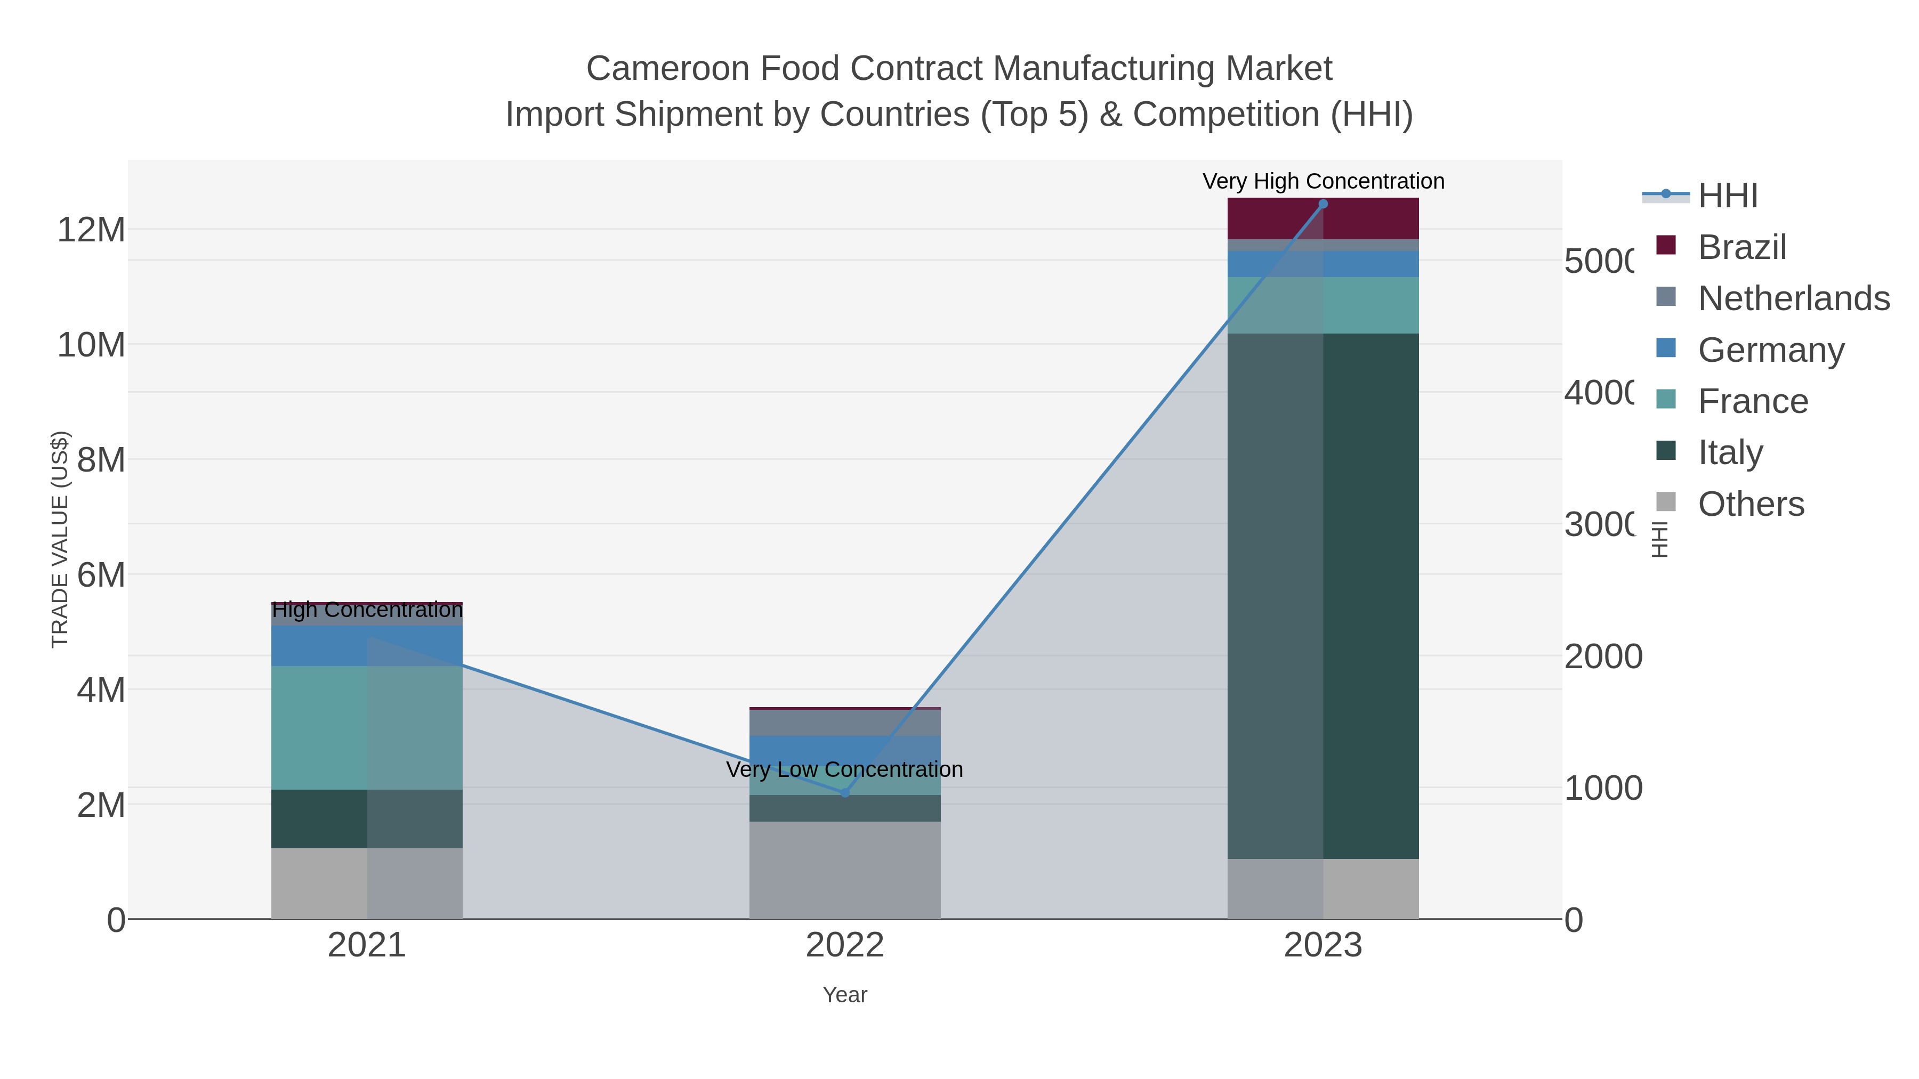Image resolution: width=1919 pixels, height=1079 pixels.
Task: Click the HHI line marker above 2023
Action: point(1323,204)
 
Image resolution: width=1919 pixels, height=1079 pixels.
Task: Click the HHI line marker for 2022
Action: point(845,793)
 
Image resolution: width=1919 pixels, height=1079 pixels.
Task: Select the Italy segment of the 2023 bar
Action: point(1323,596)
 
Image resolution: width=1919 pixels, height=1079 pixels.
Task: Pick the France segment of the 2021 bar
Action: point(367,727)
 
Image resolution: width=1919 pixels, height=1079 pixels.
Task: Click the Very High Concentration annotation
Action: point(1323,182)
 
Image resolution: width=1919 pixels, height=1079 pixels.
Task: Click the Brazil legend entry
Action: point(1741,247)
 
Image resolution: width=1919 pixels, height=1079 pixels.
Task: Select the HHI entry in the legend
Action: point(1727,196)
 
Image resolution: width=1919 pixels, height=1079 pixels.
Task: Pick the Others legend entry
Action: point(1750,504)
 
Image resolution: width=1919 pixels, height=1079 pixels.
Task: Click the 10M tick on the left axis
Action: point(91,345)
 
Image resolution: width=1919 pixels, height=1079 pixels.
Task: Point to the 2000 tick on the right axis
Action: point(1602,657)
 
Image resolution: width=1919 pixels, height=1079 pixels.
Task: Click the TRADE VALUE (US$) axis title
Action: point(60,539)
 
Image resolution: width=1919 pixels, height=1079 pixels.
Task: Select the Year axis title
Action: point(845,995)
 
